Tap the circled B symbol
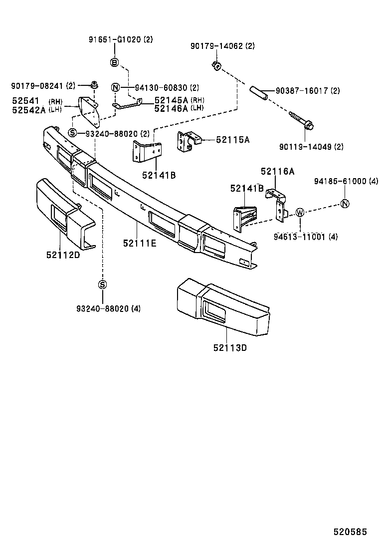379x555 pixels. click(x=114, y=62)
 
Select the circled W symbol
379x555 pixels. click(x=300, y=213)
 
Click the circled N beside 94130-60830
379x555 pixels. click(x=115, y=87)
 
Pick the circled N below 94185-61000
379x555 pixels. click(x=345, y=203)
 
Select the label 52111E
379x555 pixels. click(x=139, y=243)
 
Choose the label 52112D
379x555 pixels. click(x=63, y=255)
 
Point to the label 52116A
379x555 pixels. click(x=277, y=171)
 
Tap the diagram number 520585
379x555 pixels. click(x=350, y=532)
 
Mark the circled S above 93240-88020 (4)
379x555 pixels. click(x=102, y=284)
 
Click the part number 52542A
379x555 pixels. click(x=28, y=110)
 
